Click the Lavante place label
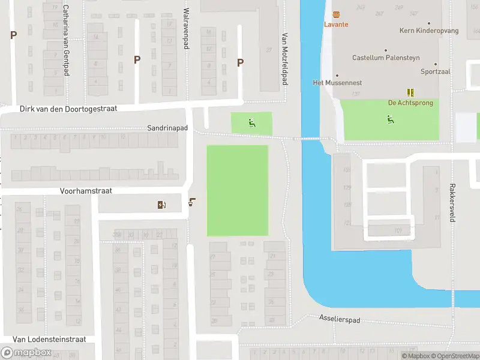coord(336,25)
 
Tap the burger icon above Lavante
coord(336,14)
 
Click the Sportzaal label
coord(435,71)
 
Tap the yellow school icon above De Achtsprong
coord(410,92)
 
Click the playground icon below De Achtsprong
coord(391,119)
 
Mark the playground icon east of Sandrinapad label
coord(251,124)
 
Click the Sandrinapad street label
coord(168,128)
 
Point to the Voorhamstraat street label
coord(86,191)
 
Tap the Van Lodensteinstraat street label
coord(49,339)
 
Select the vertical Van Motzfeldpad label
coord(285,58)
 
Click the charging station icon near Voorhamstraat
coord(161,205)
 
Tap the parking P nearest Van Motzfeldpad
coord(241,62)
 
